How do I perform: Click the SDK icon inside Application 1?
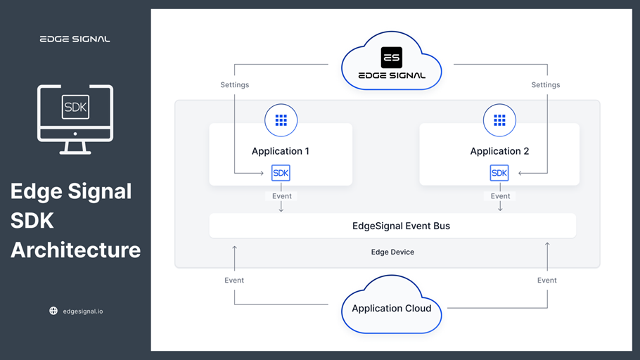(281, 173)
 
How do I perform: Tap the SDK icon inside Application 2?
(499, 173)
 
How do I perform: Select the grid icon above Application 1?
(281, 120)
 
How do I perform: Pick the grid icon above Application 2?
(499, 120)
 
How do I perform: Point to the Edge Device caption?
(392, 252)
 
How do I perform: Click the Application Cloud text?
(392, 309)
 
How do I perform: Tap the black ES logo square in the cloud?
(392, 58)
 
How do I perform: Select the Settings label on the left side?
(235, 85)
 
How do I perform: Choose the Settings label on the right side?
(546, 85)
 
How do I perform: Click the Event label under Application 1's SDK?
(282, 196)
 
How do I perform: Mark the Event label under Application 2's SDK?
(501, 196)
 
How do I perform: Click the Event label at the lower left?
(234, 280)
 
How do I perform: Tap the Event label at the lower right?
(547, 280)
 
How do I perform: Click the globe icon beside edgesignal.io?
(53, 311)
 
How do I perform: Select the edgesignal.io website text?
(83, 311)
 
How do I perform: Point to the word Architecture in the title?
(75, 250)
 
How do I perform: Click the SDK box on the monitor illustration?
(75, 108)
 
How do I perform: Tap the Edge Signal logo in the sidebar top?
(75, 39)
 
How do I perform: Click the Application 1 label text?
(281, 151)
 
